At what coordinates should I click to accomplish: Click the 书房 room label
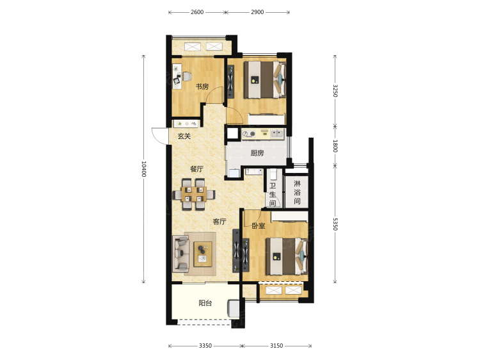point(202,86)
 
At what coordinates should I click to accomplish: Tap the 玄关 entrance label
point(184,136)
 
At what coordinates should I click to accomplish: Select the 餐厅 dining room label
point(196,169)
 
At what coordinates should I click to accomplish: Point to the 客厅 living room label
point(220,222)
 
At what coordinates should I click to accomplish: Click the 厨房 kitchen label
point(257,153)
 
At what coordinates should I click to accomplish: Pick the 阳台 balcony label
point(205,304)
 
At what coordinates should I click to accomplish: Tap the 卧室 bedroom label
point(259,226)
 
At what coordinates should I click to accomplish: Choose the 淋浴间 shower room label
point(297,192)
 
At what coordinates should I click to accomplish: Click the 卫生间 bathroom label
point(273,194)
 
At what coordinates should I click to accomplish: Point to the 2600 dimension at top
point(197,12)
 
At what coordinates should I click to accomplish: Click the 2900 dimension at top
point(257,12)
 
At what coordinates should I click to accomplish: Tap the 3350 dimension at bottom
point(205,346)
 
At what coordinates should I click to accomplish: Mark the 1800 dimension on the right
point(335,146)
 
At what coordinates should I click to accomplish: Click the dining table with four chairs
point(194,195)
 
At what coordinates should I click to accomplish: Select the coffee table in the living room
point(203,254)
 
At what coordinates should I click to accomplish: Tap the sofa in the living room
point(180,254)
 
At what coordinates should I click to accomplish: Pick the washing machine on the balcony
point(233,309)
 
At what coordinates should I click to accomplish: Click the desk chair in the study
point(187,76)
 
